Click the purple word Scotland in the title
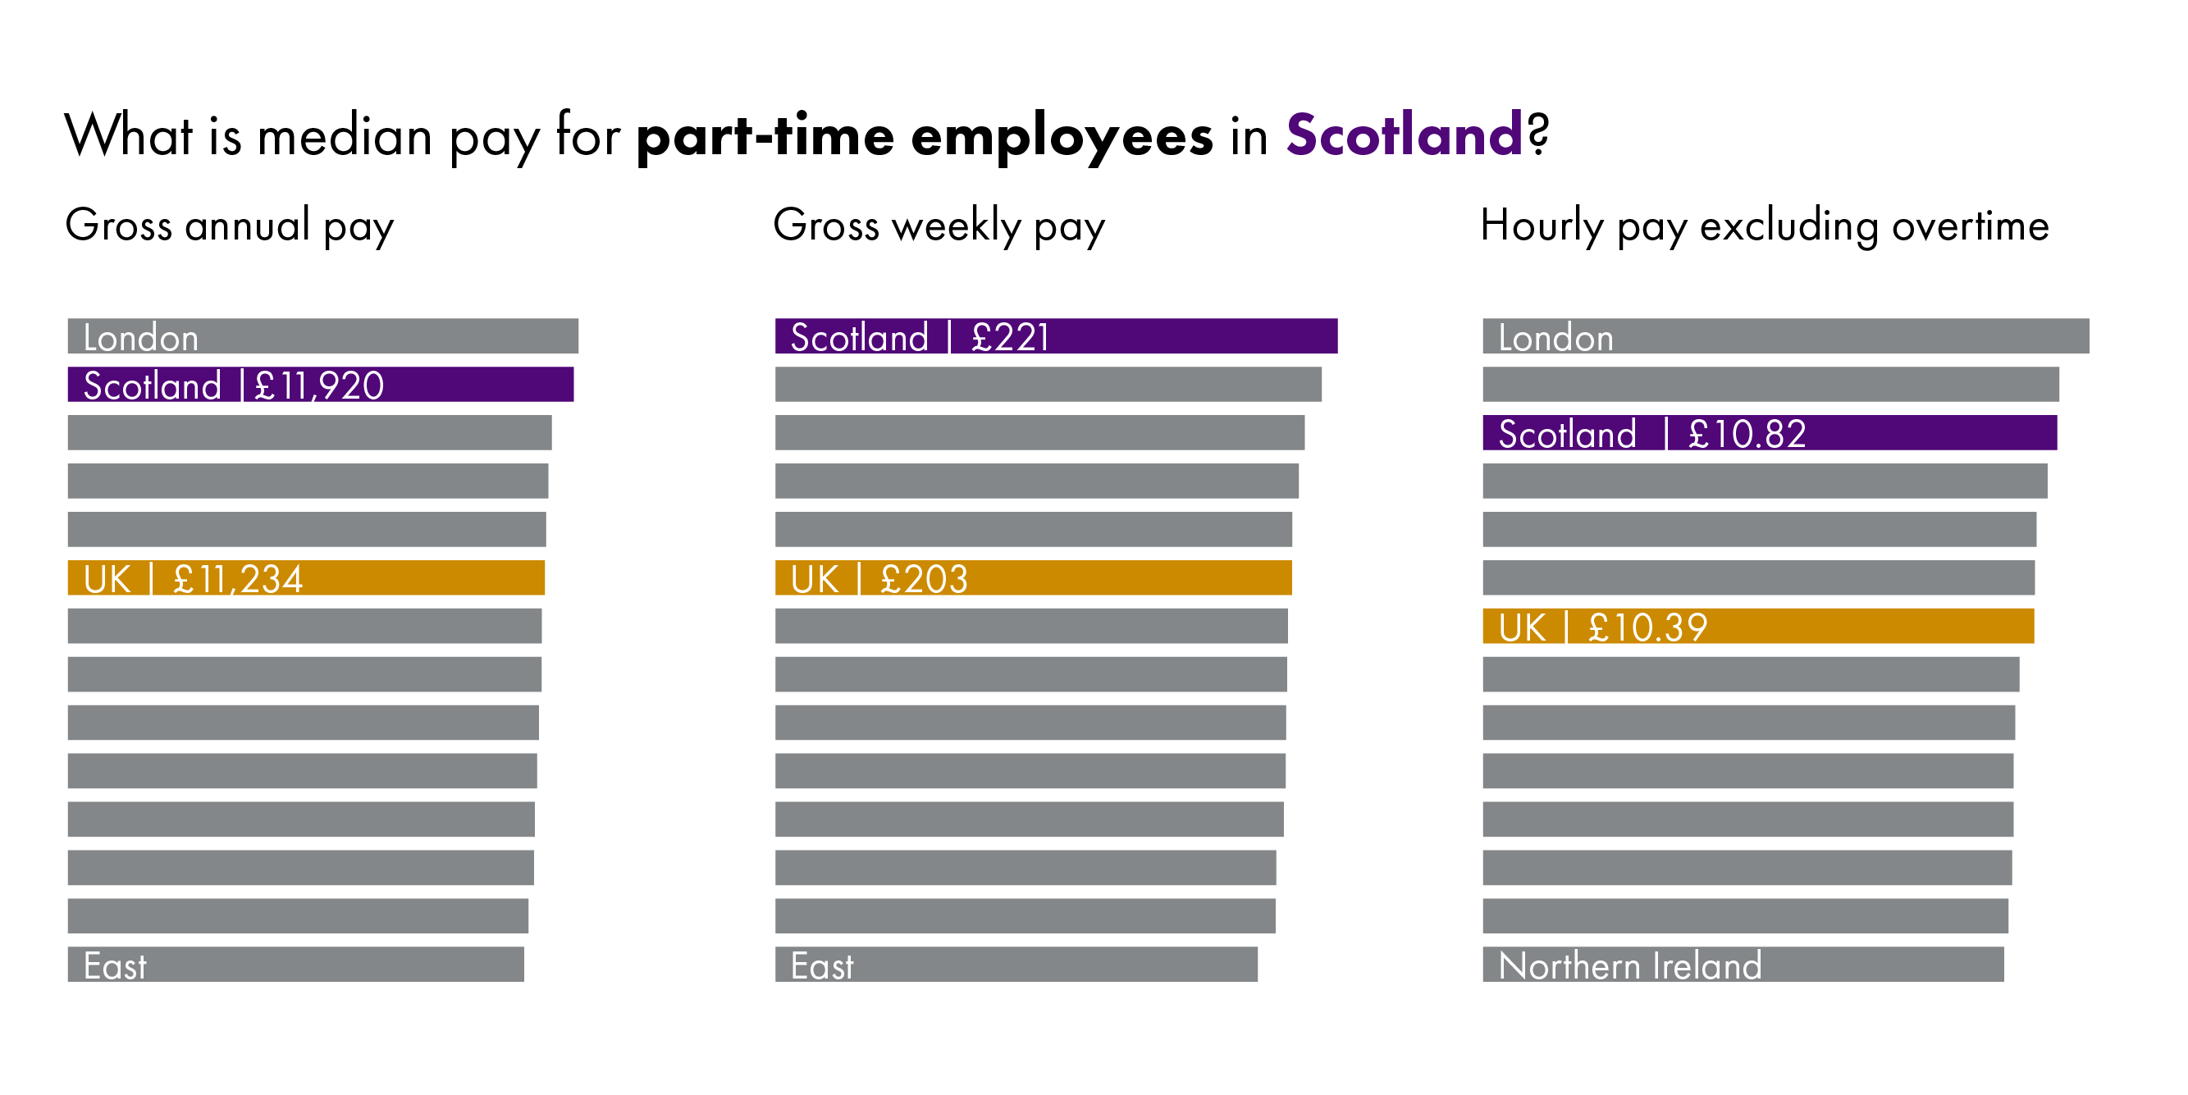point(1404,135)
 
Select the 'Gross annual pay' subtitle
point(230,226)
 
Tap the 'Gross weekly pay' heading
point(939,226)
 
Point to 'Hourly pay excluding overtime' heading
point(1764,226)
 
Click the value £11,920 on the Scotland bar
point(319,386)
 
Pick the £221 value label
point(1011,337)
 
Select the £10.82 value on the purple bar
point(1747,434)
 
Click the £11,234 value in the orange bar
point(238,579)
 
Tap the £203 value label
point(924,579)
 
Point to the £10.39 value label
point(1648,627)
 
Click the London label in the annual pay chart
point(141,338)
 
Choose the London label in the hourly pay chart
point(1555,338)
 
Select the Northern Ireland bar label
point(1630,966)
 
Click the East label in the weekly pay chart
point(821,966)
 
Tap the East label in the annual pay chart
point(115,966)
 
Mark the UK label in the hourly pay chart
point(1522,627)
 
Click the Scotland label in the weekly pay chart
point(860,337)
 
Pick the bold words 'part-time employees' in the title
point(924,136)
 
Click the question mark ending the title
point(1538,134)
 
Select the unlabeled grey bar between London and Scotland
point(1770,385)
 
